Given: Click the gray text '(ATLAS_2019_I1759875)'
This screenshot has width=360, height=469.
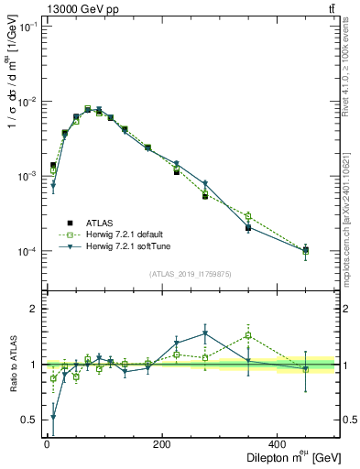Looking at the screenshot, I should click(x=190, y=273).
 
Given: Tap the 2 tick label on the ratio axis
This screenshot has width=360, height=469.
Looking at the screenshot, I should click(x=34, y=309).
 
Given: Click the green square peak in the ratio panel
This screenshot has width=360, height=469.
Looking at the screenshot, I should click(x=248, y=335).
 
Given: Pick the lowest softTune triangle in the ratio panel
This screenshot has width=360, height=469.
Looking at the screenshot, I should click(x=53, y=418).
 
